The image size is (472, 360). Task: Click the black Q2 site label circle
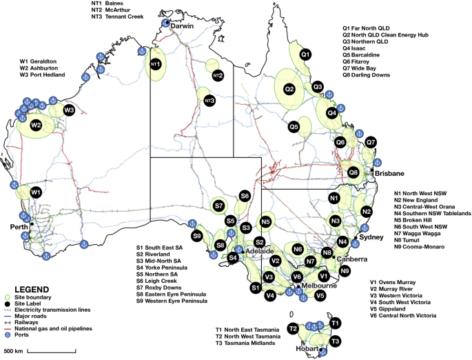click(x=290, y=89)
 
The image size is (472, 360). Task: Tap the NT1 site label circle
click(x=155, y=64)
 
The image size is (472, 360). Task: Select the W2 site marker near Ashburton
click(x=36, y=125)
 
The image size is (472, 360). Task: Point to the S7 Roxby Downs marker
click(x=218, y=206)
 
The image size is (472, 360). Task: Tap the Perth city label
click(x=17, y=226)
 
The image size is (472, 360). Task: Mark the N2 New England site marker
click(x=367, y=211)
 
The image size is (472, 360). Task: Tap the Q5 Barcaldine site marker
click(x=294, y=127)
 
